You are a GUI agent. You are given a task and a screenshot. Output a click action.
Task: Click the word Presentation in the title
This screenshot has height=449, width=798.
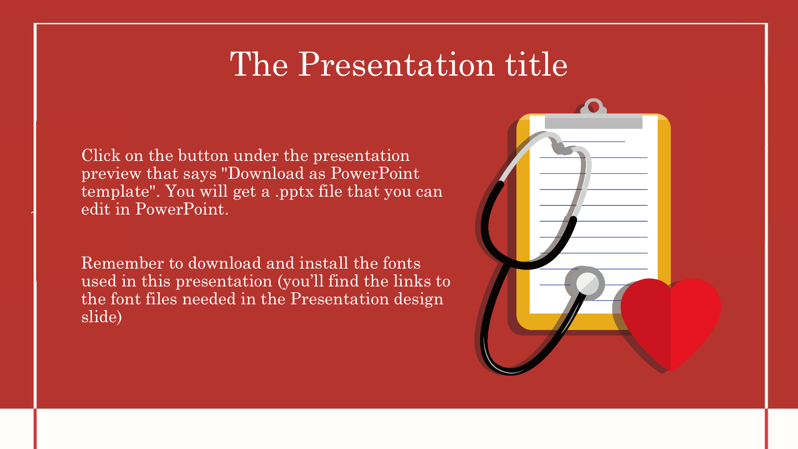(397, 64)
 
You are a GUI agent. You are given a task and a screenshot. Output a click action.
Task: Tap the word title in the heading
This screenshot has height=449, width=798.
(536, 64)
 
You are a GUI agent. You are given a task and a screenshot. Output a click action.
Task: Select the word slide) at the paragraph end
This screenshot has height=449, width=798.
(101, 317)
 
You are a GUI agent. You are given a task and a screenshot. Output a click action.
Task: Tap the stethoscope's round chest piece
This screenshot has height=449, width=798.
(588, 284)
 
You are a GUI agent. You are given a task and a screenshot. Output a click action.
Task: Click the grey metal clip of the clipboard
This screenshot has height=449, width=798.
(594, 121)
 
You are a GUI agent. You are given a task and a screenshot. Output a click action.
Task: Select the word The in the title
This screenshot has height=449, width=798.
(259, 64)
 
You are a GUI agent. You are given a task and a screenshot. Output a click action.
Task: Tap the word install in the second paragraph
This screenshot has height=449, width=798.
(324, 263)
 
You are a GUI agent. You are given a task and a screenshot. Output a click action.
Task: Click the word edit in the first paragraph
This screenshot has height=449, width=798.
(96, 209)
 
